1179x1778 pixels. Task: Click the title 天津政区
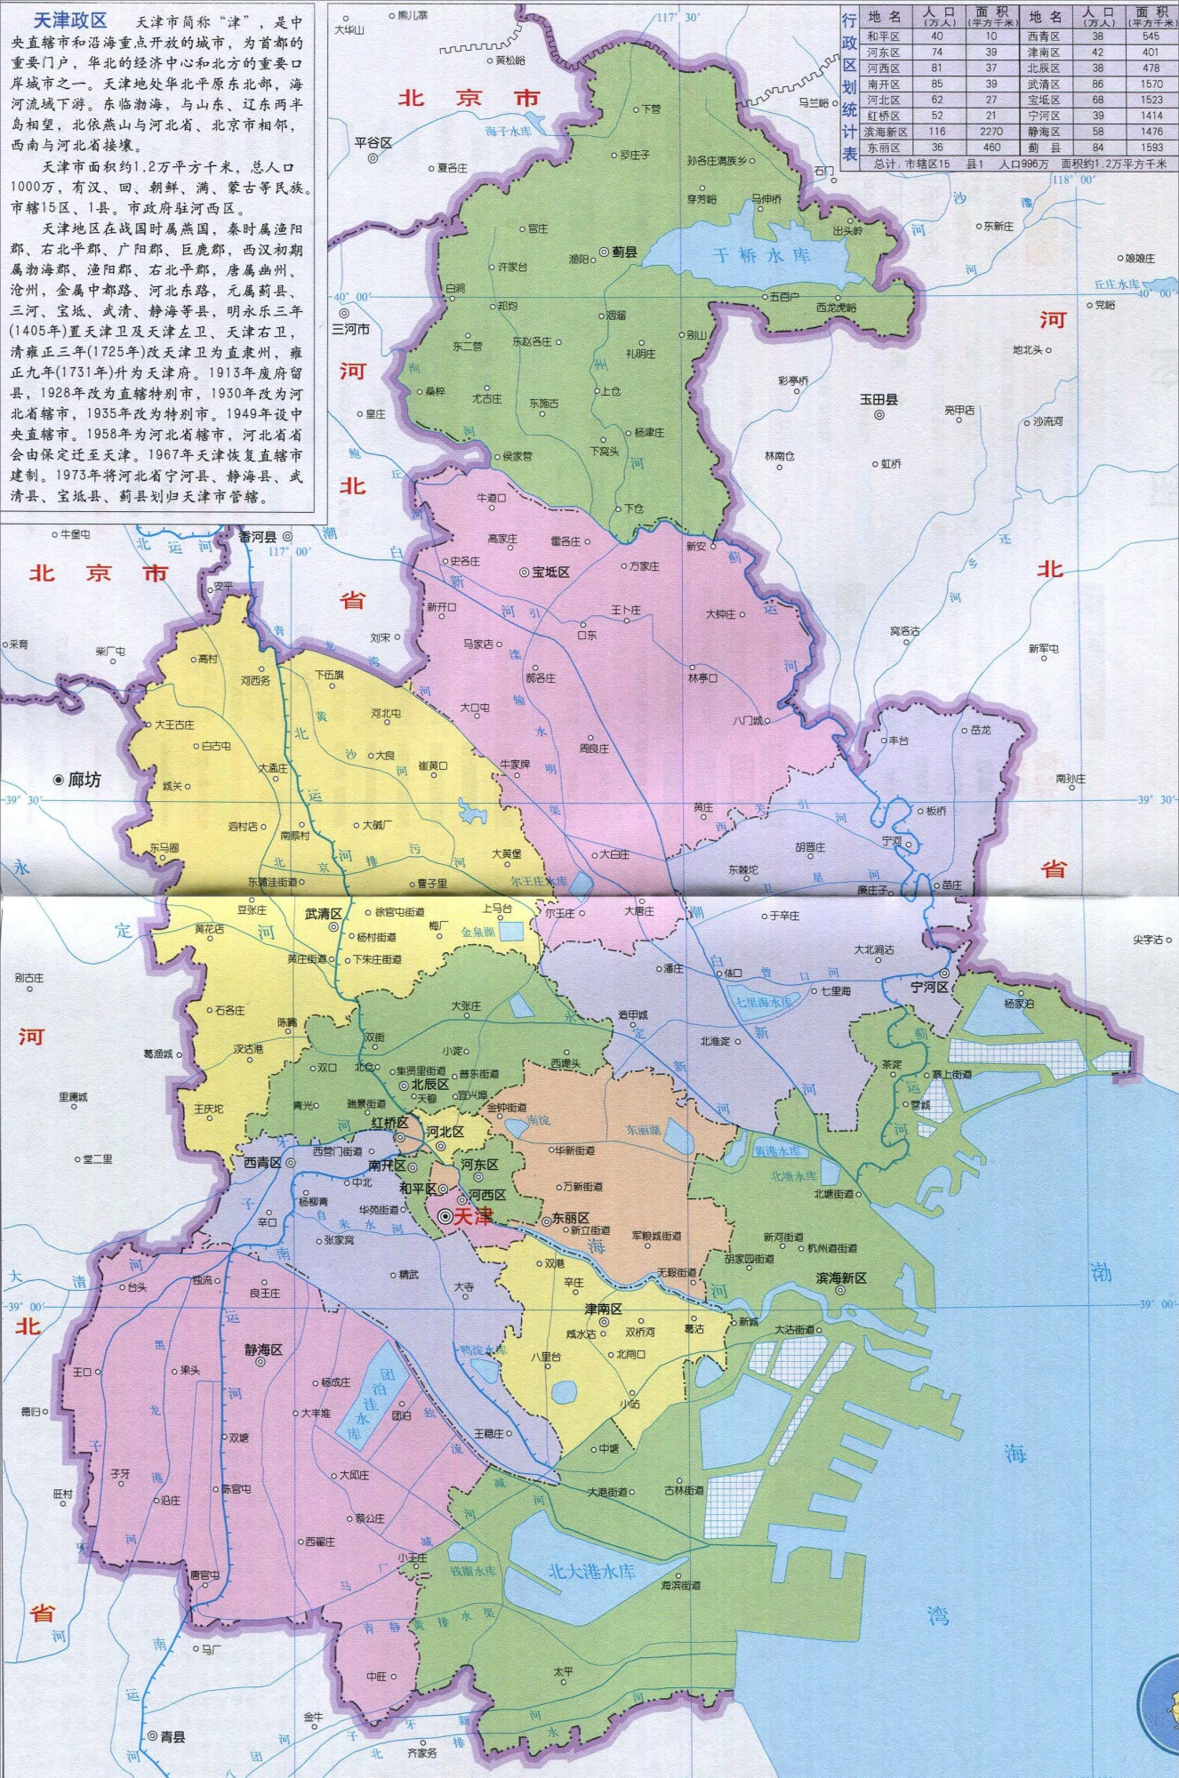pyautogui.click(x=69, y=20)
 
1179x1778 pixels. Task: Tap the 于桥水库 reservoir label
pyautogui.click(x=763, y=255)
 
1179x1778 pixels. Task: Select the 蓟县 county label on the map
pyautogui.click(x=624, y=252)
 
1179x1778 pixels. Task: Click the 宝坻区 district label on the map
pyautogui.click(x=550, y=572)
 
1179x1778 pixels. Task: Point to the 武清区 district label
pyautogui.click(x=324, y=913)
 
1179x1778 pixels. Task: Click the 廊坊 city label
pyautogui.click(x=84, y=780)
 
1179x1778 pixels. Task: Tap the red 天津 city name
pyautogui.click(x=472, y=1217)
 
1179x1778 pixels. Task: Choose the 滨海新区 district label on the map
pyautogui.click(x=841, y=1277)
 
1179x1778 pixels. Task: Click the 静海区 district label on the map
pyautogui.click(x=263, y=1350)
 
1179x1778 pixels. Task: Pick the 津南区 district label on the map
pyautogui.click(x=603, y=1309)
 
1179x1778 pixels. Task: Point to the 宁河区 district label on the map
pyautogui.click(x=929, y=987)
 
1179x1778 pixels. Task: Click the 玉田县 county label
pyautogui.click(x=878, y=399)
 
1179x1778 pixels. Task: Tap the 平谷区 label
pyautogui.click(x=373, y=142)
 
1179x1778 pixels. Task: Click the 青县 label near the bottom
pyautogui.click(x=172, y=1736)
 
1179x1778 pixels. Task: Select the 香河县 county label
pyautogui.click(x=258, y=537)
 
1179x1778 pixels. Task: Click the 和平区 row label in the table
pyautogui.click(x=883, y=36)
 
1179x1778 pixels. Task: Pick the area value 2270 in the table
pyautogui.click(x=991, y=132)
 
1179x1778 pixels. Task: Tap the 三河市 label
pyautogui.click(x=350, y=328)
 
